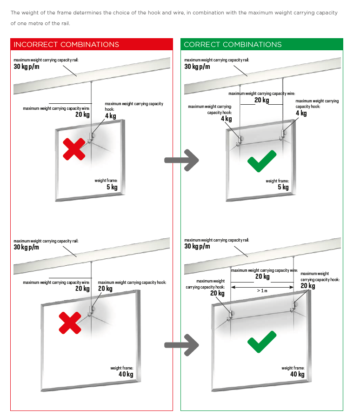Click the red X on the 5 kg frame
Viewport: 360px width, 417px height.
[x=74, y=148]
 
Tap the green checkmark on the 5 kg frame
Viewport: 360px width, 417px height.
[x=262, y=161]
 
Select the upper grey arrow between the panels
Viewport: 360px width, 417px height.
[x=181, y=160]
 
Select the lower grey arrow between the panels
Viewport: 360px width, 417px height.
[x=181, y=345]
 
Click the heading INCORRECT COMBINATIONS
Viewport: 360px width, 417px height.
[x=67, y=45]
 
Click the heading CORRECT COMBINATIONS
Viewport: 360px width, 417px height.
[x=233, y=45]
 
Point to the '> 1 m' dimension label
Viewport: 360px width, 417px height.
[x=262, y=290]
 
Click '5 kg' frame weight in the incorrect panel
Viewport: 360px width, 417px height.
[x=112, y=187]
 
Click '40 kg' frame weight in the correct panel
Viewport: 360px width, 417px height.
[x=297, y=374]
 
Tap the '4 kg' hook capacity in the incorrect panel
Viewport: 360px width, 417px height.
[x=111, y=115]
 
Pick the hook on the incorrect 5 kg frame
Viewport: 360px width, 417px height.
[x=93, y=136]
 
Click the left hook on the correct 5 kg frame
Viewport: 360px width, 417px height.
[x=240, y=139]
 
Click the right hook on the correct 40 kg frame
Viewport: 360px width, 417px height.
[x=293, y=306]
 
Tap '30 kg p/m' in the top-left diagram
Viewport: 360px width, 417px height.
[x=27, y=67]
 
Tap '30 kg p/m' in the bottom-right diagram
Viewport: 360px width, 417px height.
[x=197, y=246]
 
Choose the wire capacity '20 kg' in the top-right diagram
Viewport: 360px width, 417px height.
[x=261, y=100]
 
